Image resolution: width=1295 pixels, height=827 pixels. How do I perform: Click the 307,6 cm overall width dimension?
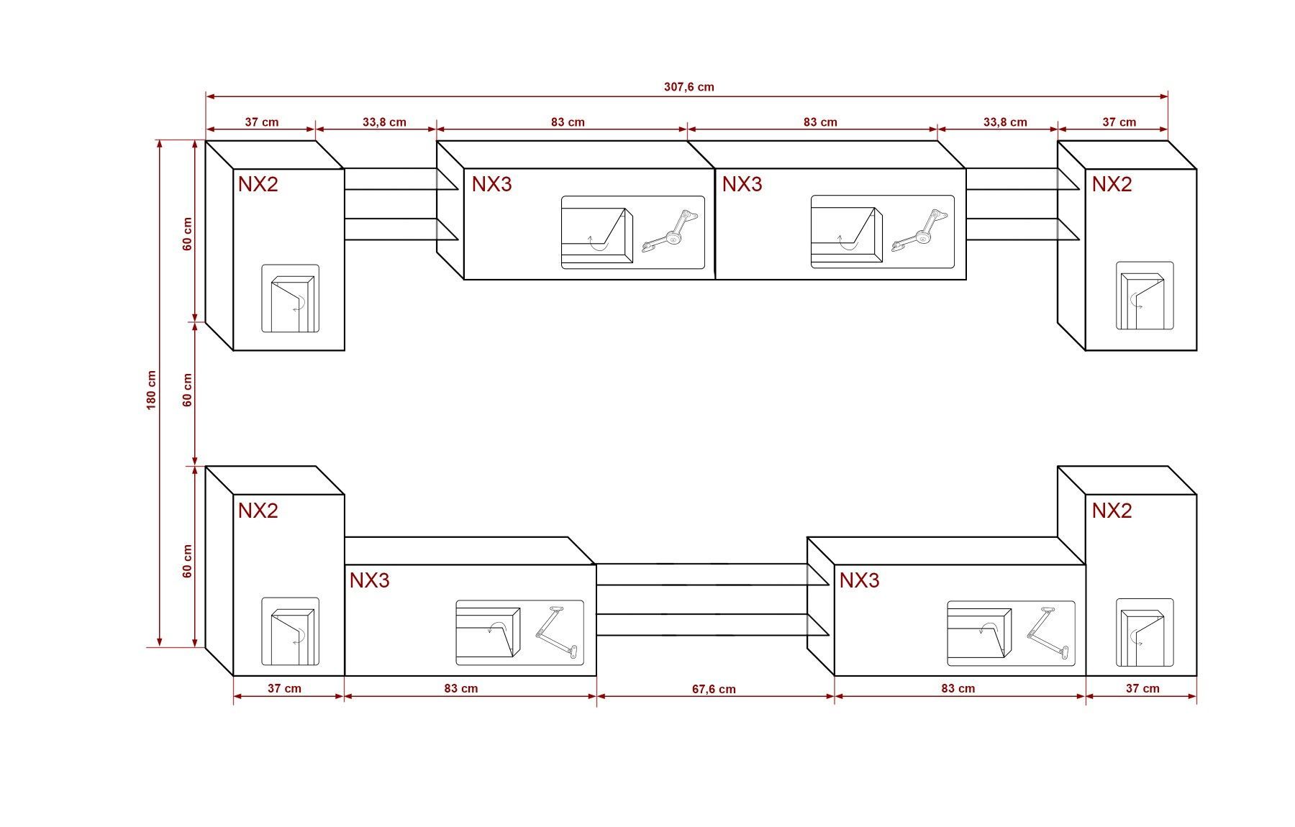689,87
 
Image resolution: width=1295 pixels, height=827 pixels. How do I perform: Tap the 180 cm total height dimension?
152,390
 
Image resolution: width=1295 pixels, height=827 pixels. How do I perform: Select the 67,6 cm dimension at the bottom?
714,689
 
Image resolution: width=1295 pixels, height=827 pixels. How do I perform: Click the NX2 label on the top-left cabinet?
258,184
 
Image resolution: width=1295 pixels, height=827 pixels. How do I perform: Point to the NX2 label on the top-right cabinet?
1112,184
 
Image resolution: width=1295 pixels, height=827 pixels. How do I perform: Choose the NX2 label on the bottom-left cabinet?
258,511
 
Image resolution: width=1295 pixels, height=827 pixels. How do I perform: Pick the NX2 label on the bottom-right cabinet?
1112,511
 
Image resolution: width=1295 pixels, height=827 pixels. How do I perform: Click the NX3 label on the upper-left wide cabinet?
492,184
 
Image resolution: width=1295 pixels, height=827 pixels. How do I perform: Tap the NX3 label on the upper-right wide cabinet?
742,184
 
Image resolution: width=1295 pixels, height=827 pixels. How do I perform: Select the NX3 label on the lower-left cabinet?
370,580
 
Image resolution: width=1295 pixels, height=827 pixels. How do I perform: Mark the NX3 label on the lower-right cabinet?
859,580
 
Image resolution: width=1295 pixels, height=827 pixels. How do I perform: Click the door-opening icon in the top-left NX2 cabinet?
290,298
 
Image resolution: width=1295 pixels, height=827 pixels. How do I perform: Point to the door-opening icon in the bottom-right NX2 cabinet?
1144,633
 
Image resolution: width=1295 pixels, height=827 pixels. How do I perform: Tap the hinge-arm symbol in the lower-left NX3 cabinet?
557,632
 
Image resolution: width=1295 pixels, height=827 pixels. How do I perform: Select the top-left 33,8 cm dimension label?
384,122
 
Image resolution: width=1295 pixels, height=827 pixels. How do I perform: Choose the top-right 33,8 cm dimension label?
1005,122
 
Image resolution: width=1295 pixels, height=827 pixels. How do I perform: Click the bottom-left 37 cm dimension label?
284,688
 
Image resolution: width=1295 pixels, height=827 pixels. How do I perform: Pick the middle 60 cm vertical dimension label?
188,390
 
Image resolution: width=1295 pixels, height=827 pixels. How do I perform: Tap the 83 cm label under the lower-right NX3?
958,688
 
